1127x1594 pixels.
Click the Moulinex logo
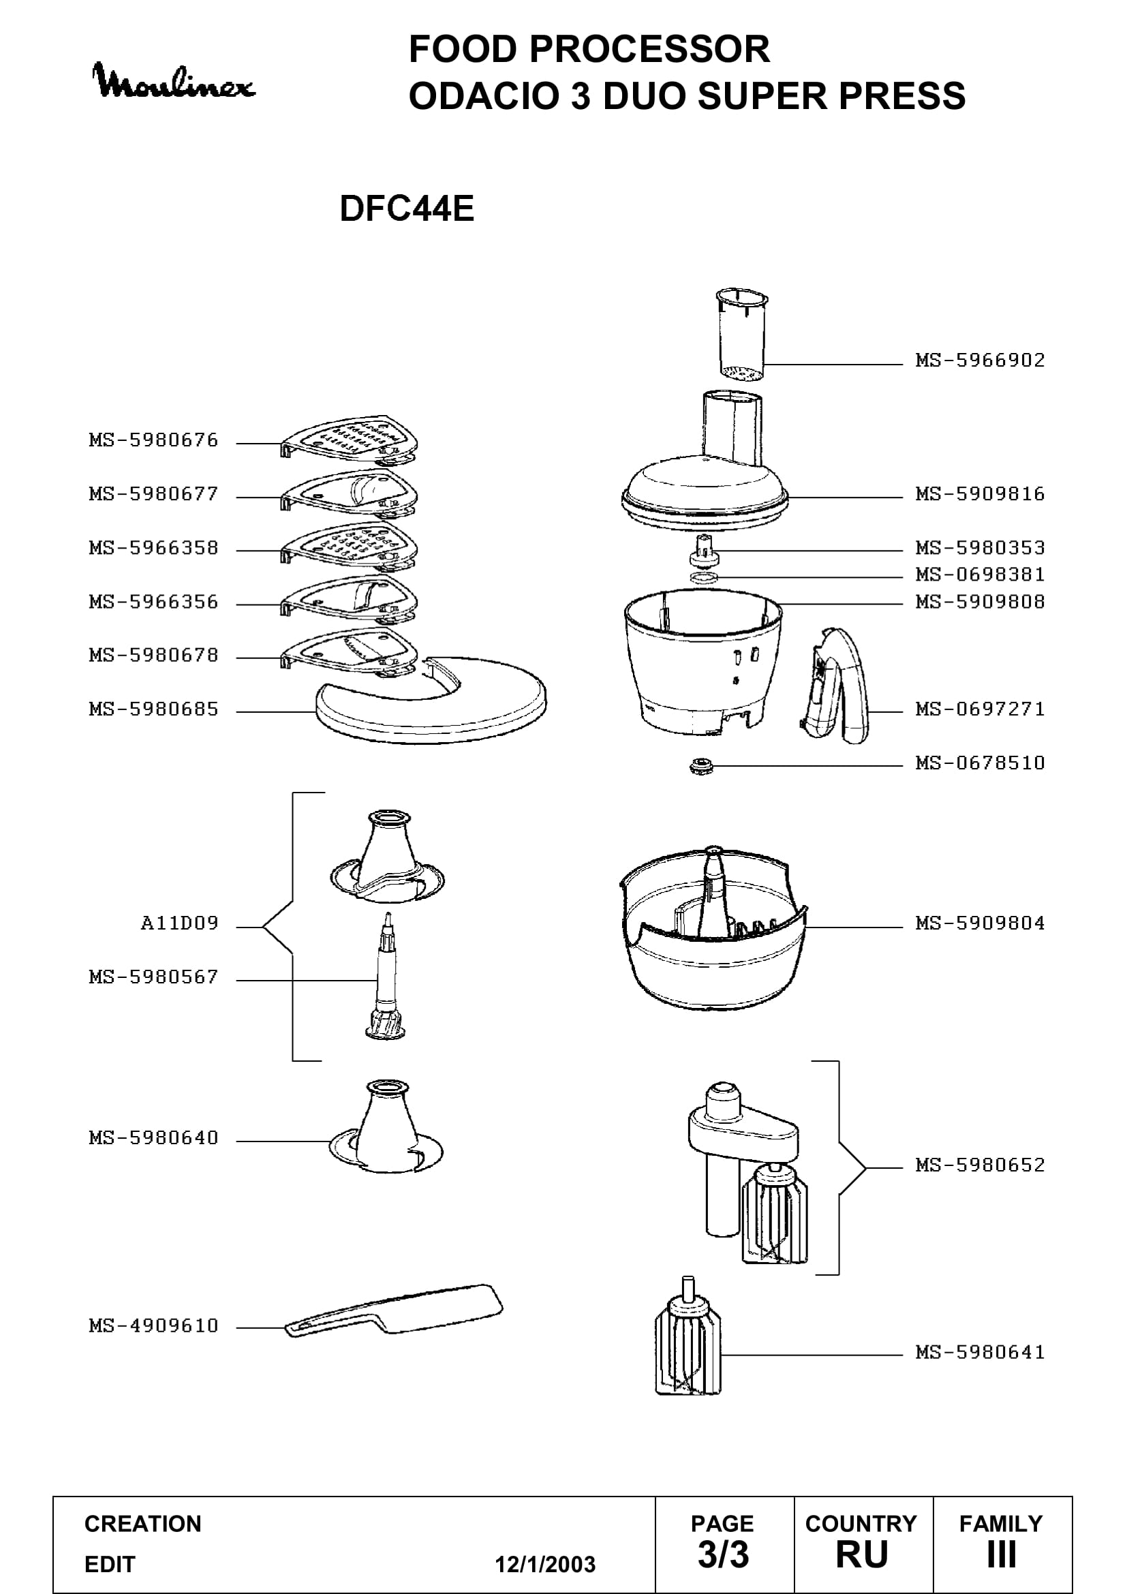174,81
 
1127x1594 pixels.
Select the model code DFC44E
407,209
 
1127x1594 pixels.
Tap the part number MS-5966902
980,360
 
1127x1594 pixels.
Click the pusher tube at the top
741,335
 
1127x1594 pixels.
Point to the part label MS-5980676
153,440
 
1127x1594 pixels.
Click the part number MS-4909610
153,1325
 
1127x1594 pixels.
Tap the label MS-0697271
980,709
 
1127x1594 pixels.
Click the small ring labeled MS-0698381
705,578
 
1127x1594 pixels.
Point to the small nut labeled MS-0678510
700,766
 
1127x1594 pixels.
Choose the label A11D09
179,923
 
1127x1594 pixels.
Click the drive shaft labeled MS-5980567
386,975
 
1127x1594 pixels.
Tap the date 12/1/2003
545,1565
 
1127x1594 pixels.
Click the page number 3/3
723,1554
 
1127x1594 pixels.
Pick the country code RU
862,1555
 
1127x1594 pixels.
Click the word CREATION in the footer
143,1524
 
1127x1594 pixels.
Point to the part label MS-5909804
980,923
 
